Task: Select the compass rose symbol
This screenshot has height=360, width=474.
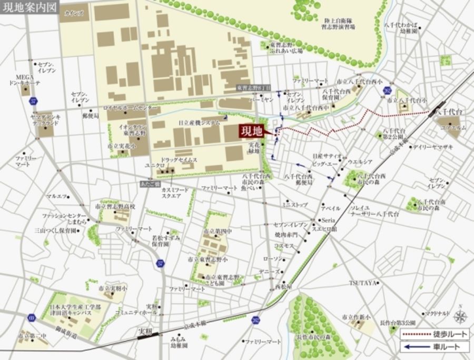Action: [460, 316]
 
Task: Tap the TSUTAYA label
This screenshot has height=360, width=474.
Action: [363, 283]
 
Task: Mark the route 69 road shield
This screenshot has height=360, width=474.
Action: [31, 318]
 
